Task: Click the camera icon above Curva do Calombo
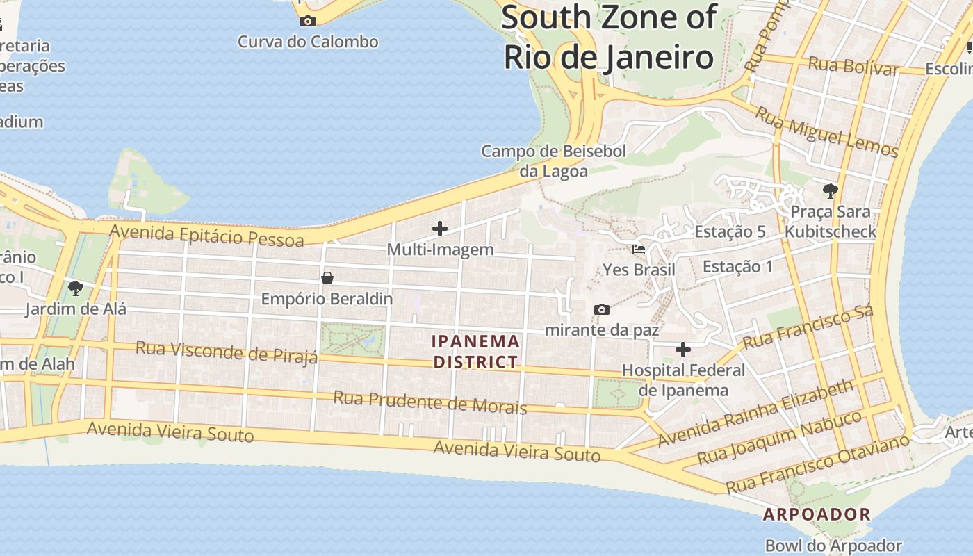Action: pyautogui.click(x=307, y=21)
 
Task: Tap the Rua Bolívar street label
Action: pyautogui.click(x=853, y=66)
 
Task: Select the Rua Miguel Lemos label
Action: pyautogui.click(x=827, y=131)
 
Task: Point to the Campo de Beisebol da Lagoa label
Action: pyautogui.click(x=554, y=161)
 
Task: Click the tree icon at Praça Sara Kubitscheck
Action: pyautogui.click(x=829, y=190)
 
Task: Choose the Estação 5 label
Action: pyautogui.click(x=730, y=231)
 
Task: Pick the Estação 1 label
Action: pyautogui.click(x=737, y=266)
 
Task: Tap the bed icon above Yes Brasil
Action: pyautogui.click(x=639, y=249)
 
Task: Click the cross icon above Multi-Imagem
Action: pyautogui.click(x=440, y=228)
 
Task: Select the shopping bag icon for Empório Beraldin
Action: pyautogui.click(x=327, y=278)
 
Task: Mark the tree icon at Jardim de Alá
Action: pyautogui.click(x=76, y=288)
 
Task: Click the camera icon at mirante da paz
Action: pyautogui.click(x=602, y=309)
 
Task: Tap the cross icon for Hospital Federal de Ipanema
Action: pyautogui.click(x=683, y=349)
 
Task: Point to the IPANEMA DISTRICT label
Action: pyautogui.click(x=476, y=352)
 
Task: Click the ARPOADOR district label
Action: pyautogui.click(x=817, y=514)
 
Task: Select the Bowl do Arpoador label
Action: pyautogui.click(x=833, y=546)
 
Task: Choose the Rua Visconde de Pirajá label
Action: pyautogui.click(x=227, y=351)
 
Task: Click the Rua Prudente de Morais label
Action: pyautogui.click(x=430, y=402)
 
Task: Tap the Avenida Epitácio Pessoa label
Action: pyautogui.click(x=207, y=235)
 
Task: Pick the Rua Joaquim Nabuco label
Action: pyautogui.click(x=780, y=437)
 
